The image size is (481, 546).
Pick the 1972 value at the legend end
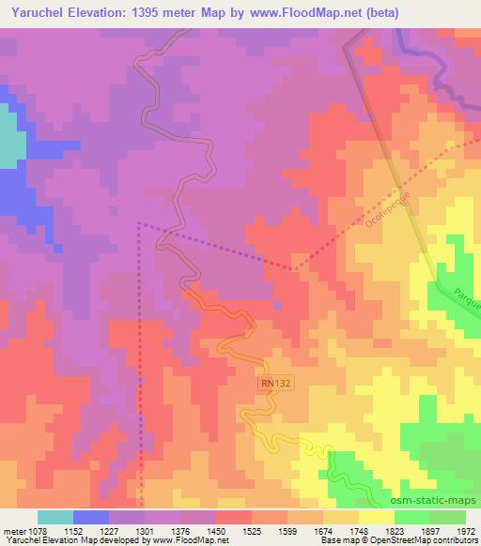467,530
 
